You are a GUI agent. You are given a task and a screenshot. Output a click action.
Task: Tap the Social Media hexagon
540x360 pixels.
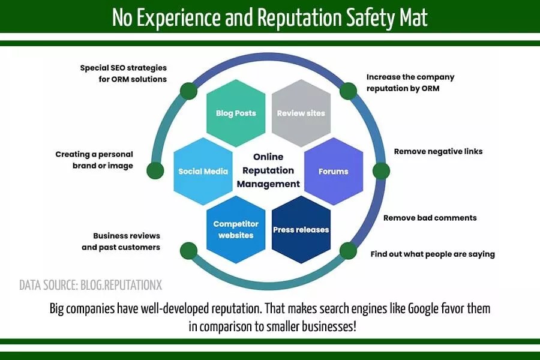[203, 171]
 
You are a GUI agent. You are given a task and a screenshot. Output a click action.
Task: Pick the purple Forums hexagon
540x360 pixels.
[334, 171]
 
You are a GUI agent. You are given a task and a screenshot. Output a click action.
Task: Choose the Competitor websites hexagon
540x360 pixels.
[236, 229]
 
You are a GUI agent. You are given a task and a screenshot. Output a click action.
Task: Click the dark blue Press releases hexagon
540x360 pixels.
[301, 229]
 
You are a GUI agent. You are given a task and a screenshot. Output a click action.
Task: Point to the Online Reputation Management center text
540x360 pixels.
[268, 171]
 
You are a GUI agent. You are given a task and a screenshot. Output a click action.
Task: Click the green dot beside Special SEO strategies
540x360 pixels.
[188, 91]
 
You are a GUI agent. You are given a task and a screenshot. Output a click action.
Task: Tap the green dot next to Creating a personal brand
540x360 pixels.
[155, 170]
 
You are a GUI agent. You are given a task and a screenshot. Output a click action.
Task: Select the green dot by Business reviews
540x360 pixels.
[188, 250]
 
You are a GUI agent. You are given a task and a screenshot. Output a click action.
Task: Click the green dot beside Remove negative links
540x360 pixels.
[381, 171]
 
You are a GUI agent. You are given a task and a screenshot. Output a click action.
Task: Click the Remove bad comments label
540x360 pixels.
[430, 218]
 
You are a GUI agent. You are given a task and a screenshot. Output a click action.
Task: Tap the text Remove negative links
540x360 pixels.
[438, 151]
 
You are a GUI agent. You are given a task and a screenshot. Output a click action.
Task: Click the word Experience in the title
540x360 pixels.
[179, 18]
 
